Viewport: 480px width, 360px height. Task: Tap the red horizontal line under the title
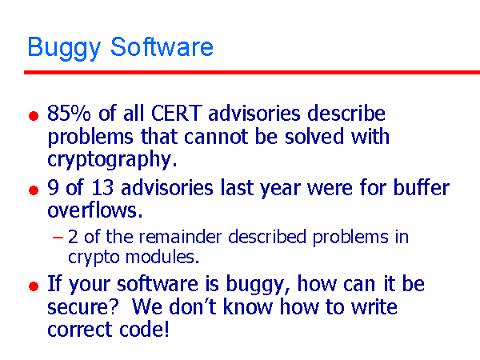pos(251,72)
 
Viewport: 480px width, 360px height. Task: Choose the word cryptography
pos(111,158)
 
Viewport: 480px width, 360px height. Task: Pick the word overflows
pos(93,211)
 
